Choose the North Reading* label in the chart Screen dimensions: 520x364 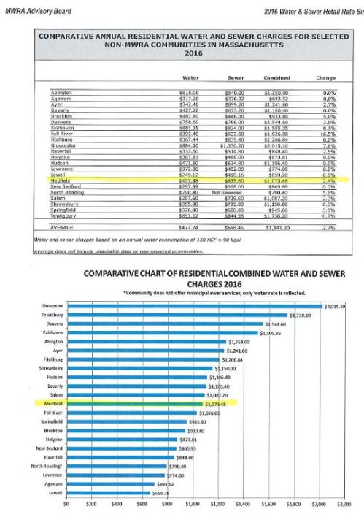pyautogui.click(x=50, y=465)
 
